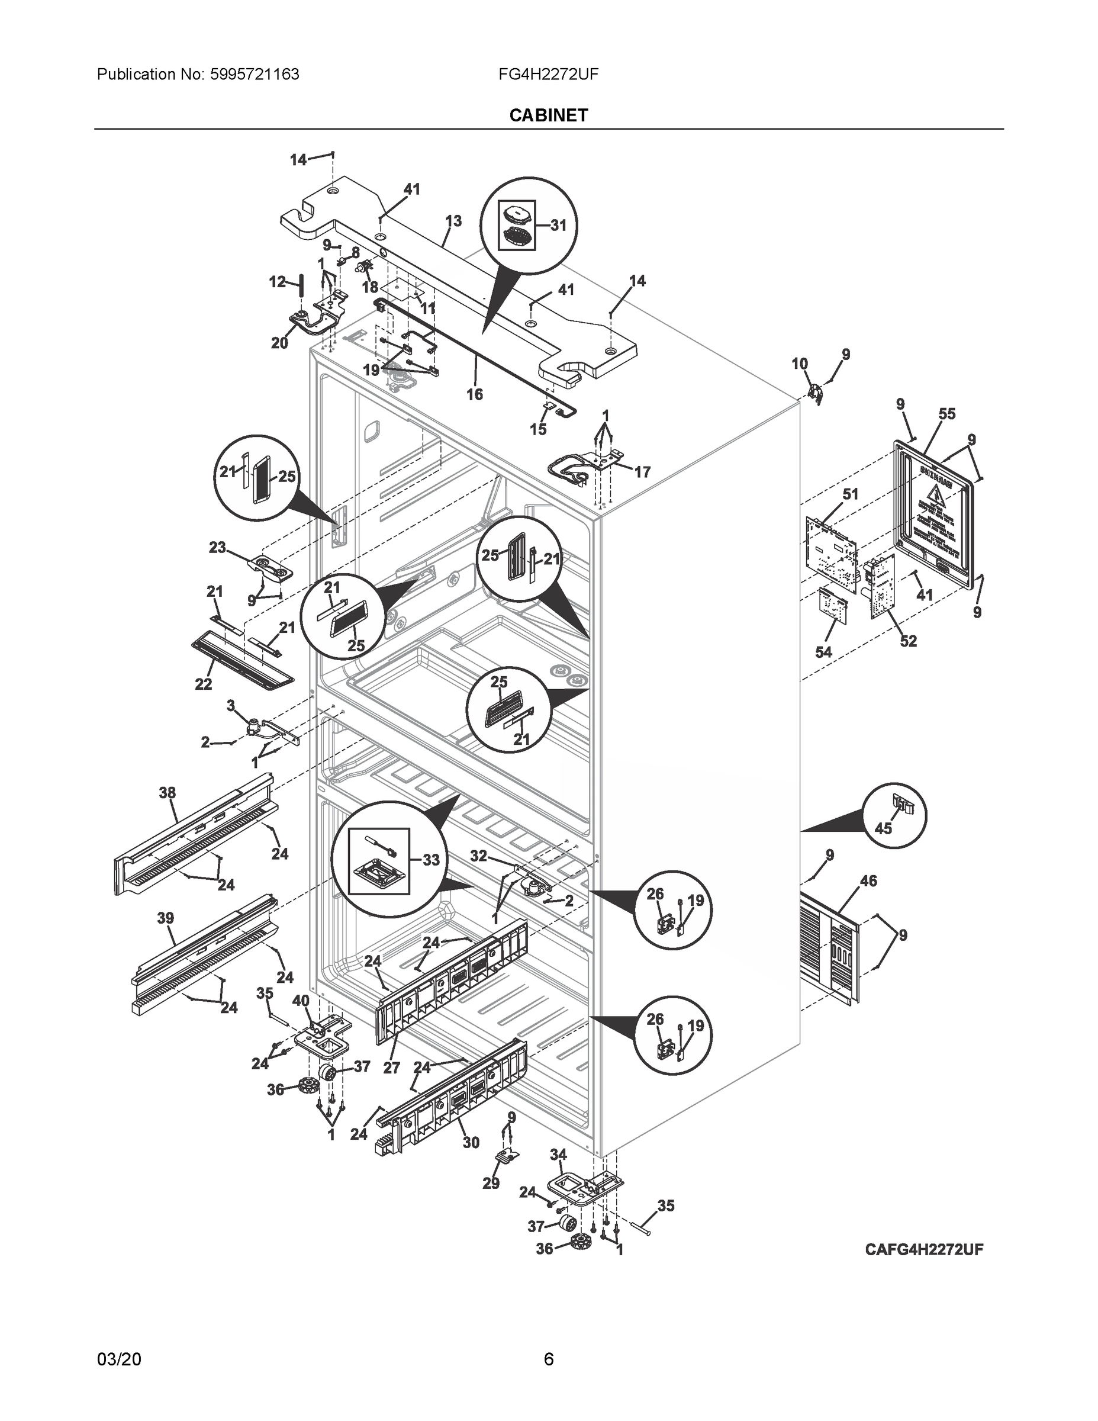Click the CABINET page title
tap(548, 115)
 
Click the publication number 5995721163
tap(255, 74)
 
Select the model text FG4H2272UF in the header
tap(548, 74)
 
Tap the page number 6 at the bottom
tap(548, 1359)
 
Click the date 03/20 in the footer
tap(118, 1359)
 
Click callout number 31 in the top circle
tap(558, 225)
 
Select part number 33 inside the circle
tap(430, 860)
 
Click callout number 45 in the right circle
tap(883, 828)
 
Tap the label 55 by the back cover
tap(946, 414)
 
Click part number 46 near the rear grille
tap(868, 881)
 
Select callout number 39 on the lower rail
tap(165, 918)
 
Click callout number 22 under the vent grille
tap(204, 684)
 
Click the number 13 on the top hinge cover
tap(453, 221)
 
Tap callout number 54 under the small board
tap(823, 651)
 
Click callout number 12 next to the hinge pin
tap(277, 282)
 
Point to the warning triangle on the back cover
tap(934, 493)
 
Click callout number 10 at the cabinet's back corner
tap(800, 363)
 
